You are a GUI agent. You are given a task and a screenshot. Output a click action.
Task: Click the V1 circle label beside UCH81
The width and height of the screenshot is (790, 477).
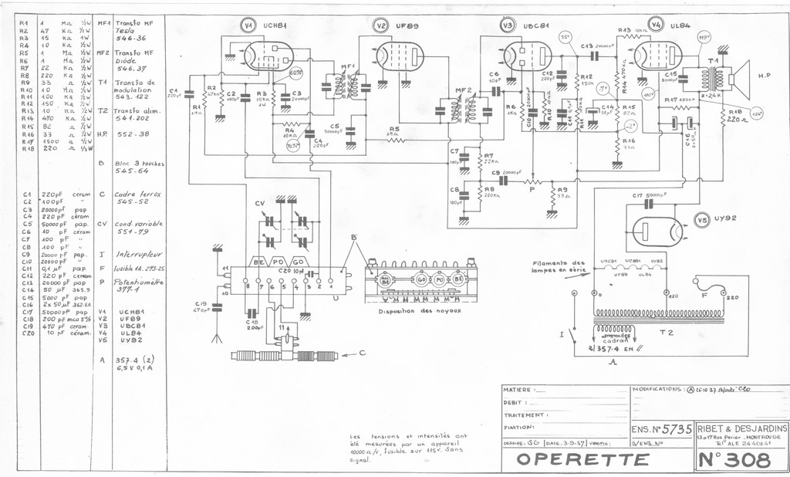[248, 25]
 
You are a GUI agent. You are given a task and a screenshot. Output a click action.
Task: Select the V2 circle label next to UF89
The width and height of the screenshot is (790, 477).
[381, 25]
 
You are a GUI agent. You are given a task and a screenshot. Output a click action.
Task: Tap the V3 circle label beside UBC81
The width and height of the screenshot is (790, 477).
[507, 25]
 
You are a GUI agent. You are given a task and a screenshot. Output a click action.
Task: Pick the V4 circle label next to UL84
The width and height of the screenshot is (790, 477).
[656, 24]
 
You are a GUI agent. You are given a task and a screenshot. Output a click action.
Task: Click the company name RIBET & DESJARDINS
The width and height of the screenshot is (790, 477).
[742, 428]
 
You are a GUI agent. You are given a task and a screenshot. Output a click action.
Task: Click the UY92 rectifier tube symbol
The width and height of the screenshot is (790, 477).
[657, 231]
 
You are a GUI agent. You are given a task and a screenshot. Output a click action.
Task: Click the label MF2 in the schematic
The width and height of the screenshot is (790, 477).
[464, 91]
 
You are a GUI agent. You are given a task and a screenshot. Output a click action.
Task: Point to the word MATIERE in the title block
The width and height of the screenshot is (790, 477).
[518, 390]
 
